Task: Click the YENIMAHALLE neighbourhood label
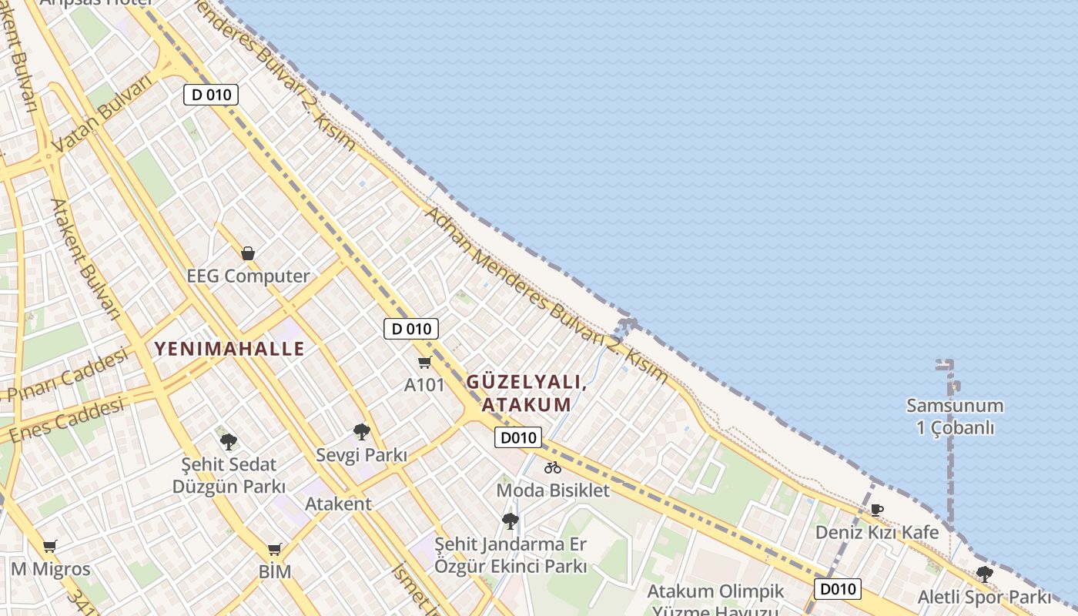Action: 229,349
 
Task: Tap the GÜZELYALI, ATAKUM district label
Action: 527,393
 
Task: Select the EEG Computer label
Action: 248,276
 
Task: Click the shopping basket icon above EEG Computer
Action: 248,253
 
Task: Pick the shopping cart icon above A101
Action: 424,362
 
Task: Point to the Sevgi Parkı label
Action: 361,454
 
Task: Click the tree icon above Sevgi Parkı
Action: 361,432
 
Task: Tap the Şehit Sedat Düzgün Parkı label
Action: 229,476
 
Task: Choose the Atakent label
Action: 338,504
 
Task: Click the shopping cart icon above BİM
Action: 275,549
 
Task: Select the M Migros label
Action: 51,570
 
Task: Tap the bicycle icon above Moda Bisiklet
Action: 553,467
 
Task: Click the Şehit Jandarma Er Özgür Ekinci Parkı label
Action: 511,555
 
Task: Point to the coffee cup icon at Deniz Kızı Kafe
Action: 876,509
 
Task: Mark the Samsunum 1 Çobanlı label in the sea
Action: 955,417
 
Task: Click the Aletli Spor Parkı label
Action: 984,597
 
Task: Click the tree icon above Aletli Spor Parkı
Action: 984,574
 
